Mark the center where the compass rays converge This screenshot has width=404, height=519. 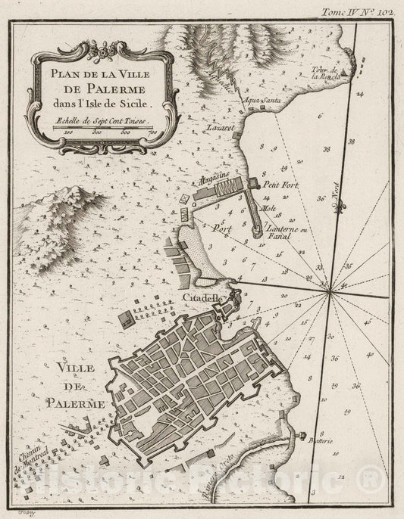pyautogui.click(x=331, y=292)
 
